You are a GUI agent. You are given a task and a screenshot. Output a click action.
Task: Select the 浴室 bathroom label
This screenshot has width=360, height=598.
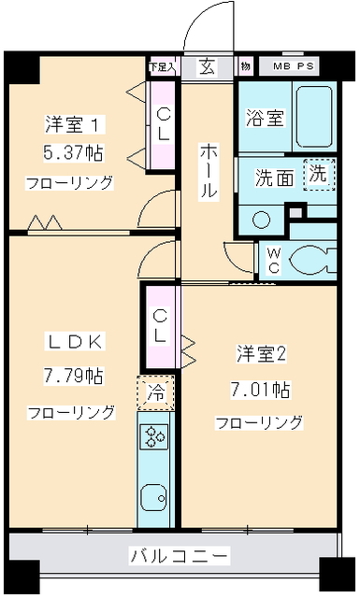(264, 119)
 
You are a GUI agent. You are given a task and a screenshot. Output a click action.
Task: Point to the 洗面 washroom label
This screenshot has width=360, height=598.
(274, 178)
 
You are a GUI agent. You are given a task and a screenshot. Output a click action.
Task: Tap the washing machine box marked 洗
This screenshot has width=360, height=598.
(318, 173)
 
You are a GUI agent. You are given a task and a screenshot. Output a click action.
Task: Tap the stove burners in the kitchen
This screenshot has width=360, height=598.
(153, 434)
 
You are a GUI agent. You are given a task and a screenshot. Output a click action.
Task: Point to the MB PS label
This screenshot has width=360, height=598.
(294, 67)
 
